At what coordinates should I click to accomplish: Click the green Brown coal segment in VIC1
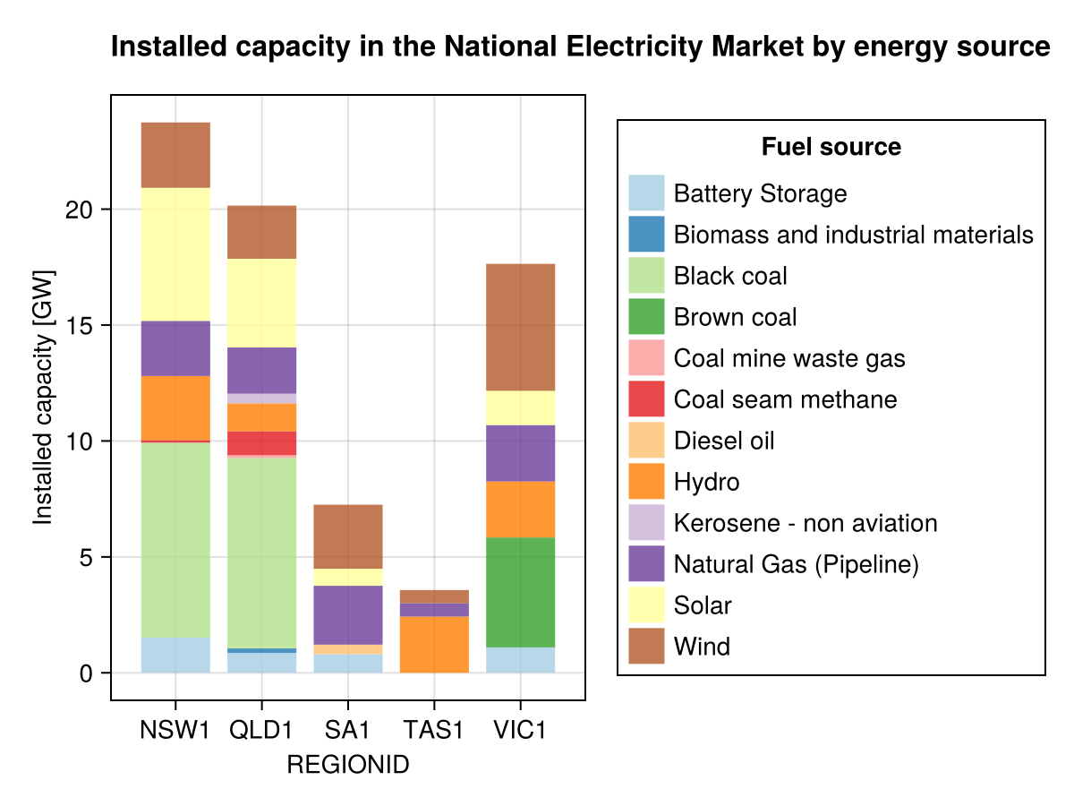(521, 592)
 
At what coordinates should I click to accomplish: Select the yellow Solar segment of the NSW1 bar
(175, 253)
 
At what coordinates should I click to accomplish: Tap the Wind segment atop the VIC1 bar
(521, 327)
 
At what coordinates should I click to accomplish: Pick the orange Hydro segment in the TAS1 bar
(434, 644)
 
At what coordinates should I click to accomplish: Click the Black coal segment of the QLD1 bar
(262, 552)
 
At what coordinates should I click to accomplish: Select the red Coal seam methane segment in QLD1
(262, 443)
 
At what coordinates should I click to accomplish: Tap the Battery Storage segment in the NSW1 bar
(175, 655)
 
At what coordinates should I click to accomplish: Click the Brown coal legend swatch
(646, 317)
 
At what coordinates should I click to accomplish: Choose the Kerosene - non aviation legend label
(805, 523)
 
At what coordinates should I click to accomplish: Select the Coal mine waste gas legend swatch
(646, 358)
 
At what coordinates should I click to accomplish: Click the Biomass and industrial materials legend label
(853, 235)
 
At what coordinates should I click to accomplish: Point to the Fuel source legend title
(831, 147)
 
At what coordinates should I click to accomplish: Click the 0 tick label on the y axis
(87, 673)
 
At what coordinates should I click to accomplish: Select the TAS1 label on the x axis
(434, 730)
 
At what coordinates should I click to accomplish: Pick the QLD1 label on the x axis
(262, 730)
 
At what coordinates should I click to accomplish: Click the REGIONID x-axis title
(347, 766)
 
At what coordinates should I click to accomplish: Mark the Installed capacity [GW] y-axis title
(43, 397)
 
